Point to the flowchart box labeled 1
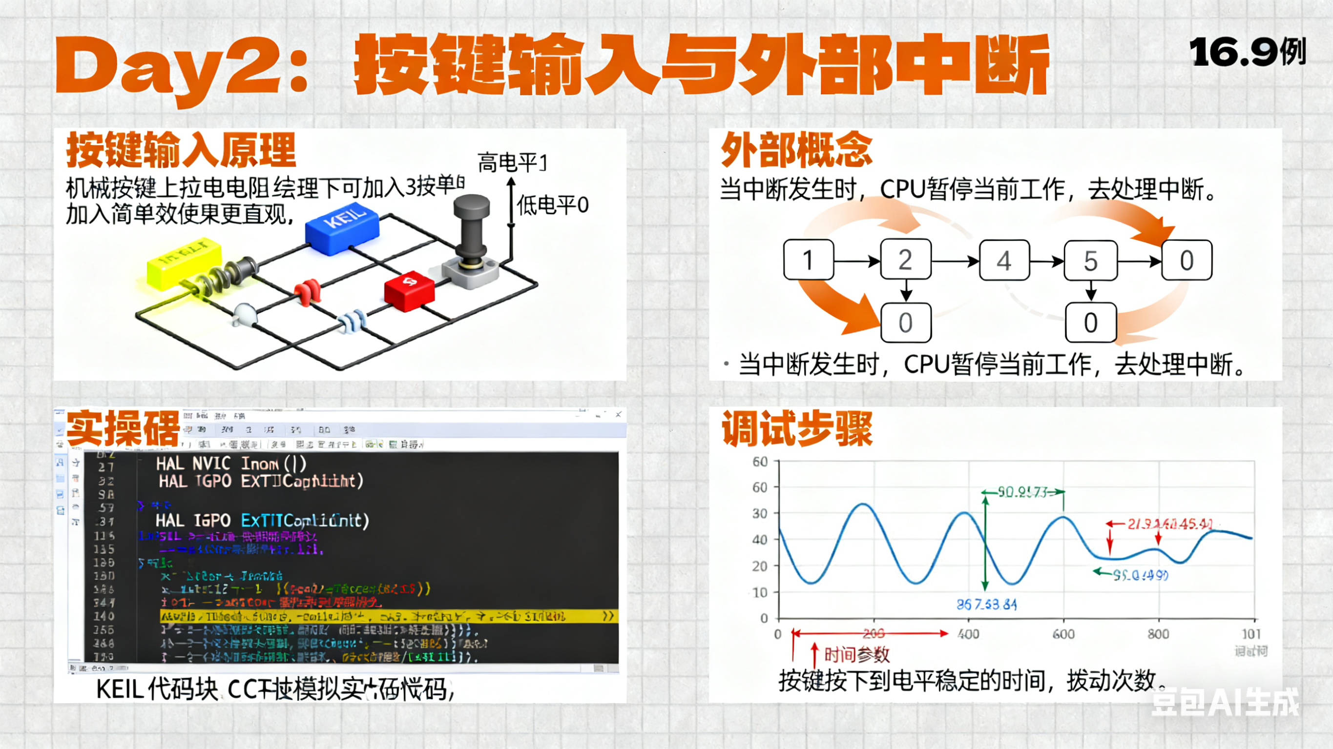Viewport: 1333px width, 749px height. [x=808, y=260]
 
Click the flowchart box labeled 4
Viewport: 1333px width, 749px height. [x=1004, y=260]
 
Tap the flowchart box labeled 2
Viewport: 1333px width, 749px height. [x=906, y=260]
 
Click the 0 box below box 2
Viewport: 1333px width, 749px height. [x=906, y=323]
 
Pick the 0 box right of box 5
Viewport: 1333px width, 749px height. [x=1187, y=260]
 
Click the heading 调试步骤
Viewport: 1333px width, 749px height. [x=797, y=429]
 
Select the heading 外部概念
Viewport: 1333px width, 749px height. [x=797, y=149]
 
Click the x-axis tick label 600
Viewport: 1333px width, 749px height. [x=1063, y=634]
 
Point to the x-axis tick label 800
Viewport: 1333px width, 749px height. [x=1158, y=634]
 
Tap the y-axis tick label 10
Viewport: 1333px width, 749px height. [x=760, y=592]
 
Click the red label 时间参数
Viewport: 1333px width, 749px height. [x=856, y=655]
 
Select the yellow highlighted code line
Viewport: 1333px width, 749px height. [x=388, y=616]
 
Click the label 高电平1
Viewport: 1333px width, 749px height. [x=512, y=163]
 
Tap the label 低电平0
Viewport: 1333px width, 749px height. [x=553, y=205]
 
